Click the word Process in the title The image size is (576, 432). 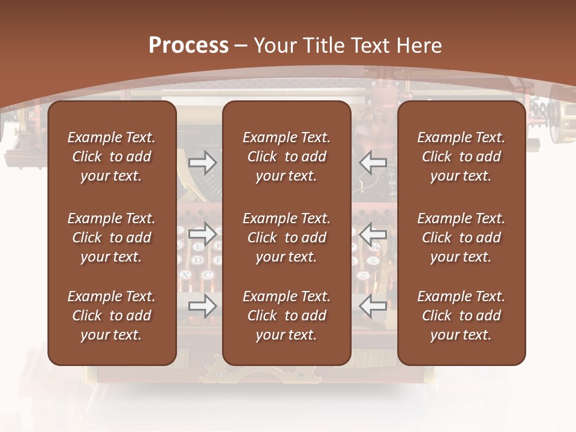(188, 46)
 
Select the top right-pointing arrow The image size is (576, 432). (202, 162)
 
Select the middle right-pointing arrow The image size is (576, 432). (202, 234)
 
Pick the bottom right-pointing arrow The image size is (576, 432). (202, 306)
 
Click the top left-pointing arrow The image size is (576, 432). (373, 162)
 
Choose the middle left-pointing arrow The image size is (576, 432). (373, 234)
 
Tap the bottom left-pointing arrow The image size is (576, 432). (373, 306)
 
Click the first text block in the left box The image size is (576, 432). (112, 157)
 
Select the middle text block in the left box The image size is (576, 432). (112, 238)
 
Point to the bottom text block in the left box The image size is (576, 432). (112, 316)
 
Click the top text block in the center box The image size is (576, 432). (286, 157)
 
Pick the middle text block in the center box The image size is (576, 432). (286, 238)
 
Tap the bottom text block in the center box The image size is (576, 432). (286, 316)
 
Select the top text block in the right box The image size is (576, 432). (461, 157)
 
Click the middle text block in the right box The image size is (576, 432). (461, 238)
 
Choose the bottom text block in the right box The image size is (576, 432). (461, 316)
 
